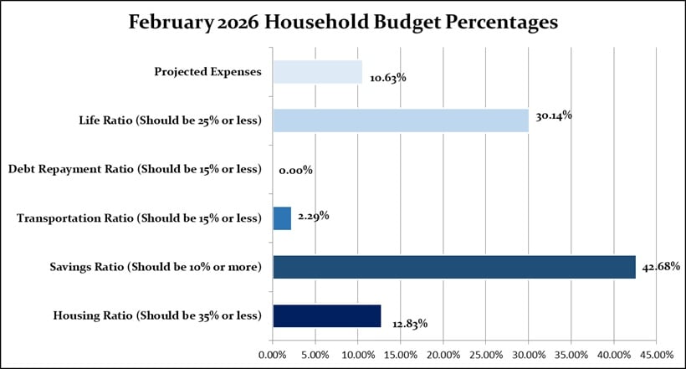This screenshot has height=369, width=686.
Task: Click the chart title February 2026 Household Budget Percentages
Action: pyautogui.click(x=343, y=23)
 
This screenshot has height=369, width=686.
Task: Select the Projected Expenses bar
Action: pyautogui.click(x=317, y=72)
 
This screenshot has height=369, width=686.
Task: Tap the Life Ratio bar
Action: pyautogui.click(x=400, y=120)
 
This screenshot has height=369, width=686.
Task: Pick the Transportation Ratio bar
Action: pyautogui.click(x=282, y=218)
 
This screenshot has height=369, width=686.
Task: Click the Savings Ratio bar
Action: pyautogui.click(x=453, y=267)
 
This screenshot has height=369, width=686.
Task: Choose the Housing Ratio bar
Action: pyautogui.click(x=326, y=315)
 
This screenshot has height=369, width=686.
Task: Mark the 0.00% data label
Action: pyautogui.click(x=295, y=170)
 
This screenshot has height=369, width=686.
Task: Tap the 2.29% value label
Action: pyautogui.click(x=312, y=216)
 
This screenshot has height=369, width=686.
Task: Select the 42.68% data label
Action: pyautogui.click(x=661, y=267)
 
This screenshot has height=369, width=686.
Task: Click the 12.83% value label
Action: pyautogui.click(x=409, y=323)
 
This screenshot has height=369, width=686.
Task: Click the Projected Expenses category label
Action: pyautogui.click(x=207, y=72)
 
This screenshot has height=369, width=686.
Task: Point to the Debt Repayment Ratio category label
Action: pyautogui.click(x=135, y=170)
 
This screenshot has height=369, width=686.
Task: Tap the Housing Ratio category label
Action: pyautogui.click(x=157, y=315)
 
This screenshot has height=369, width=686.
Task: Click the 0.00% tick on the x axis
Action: pyautogui.click(x=273, y=354)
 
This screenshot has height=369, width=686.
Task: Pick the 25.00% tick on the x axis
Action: pyautogui.click(x=486, y=354)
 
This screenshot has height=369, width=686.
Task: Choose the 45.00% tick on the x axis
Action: pyautogui.click(x=657, y=354)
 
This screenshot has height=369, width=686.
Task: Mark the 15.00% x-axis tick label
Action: pyautogui.click(x=401, y=354)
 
